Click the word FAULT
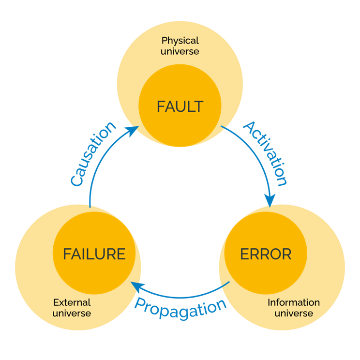pyautogui.click(x=180, y=106)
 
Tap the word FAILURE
pyautogui.click(x=94, y=254)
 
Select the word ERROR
pyautogui.click(x=266, y=254)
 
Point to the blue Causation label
pyautogui.click(x=92, y=154)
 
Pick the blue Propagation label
pyautogui.click(x=180, y=309)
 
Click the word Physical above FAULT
pyautogui.click(x=180, y=41)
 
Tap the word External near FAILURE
pyautogui.click(x=72, y=302)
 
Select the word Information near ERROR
pyautogui.click(x=294, y=302)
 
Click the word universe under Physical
pyautogui.click(x=180, y=51)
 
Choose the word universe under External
pyautogui.click(x=72, y=314)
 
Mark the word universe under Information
pyautogui.click(x=294, y=314)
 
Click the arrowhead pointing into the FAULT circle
pyautogui.click(x=133, y=131)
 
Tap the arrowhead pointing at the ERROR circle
pyautogui.click(x=270, y=200)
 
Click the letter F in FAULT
pyautogui.click(x=161, y=106)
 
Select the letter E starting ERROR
pyautogui.click(x=244, y=254)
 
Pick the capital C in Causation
pyautogui.click(x=76, y=180)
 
